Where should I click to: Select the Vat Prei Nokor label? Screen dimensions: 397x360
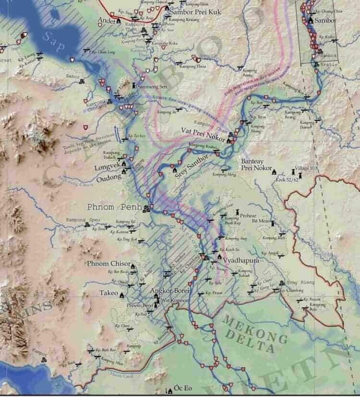[x=204, y=130]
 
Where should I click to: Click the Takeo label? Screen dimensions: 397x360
[x=108, y=293]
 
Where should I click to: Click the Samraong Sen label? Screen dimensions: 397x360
[x=152, y=86]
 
